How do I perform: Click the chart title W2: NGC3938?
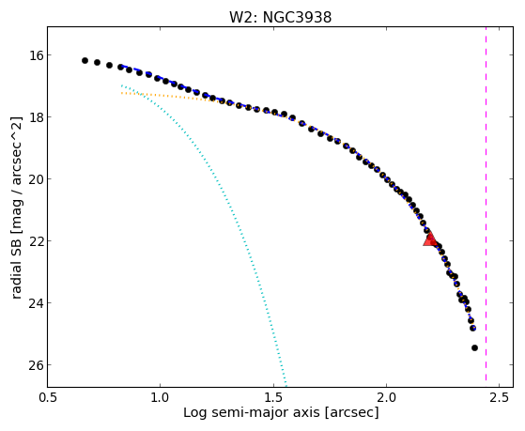pyautogui.click(x=280, y=17)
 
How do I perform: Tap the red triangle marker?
pyautogui.click(x=430, y=239)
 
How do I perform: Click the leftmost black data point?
pyautogui.click(x=85, y=61)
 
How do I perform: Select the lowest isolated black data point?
pyautogui.click(x=474, y=348)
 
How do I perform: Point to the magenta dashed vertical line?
pyautogui.click(x=486, y=207)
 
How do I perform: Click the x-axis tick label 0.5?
pyautogui.click(x=48, y=397)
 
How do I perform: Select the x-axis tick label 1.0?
pyautogui.click(x=161, y=397)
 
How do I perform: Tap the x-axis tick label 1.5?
pyautogui.click(x=273, y=397)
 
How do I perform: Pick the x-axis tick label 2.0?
pyautogui.click(x=386, y=397)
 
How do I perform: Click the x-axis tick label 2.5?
pyautogui.click(x=500, y=397)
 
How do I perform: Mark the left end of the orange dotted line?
pyautogui.click(x=121, y=93)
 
